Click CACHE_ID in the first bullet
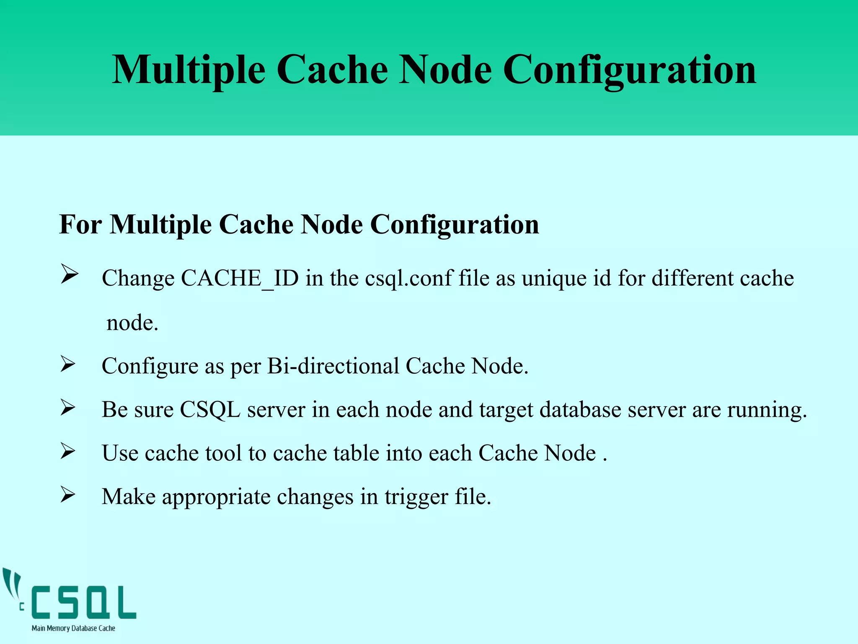(240, 278)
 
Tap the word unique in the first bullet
(554, 278)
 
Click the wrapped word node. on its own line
(132, 323)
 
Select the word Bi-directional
(333, 366)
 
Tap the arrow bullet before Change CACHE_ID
(69, 275)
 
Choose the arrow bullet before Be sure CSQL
(67, 407)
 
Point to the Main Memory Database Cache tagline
(73, 628)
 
